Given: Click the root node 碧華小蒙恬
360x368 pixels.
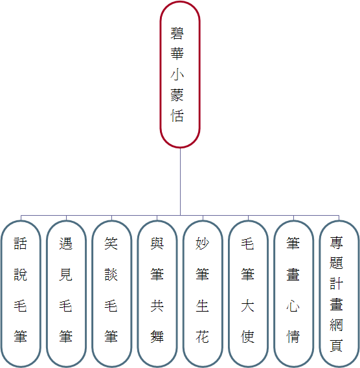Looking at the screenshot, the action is pos(180,75).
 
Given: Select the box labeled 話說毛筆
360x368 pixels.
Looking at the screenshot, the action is pos(21,294).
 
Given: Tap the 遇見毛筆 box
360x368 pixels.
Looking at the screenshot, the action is pos(66,294).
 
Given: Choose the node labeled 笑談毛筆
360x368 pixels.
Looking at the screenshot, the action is pos(111,294).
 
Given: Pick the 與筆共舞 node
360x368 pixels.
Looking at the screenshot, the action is pos(157,294).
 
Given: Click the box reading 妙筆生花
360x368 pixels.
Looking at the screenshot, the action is pos(203,294).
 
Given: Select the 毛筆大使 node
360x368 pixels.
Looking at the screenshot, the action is pos(248,294).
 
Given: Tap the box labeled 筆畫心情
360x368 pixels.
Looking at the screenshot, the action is pos(293,294).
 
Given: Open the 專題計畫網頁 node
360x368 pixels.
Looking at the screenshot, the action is pos(339,294).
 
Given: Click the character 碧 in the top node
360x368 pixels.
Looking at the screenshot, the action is pos(177,33).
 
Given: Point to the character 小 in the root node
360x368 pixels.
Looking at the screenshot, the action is pos(177,75).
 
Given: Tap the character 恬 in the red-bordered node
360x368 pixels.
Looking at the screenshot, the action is pos(177,115).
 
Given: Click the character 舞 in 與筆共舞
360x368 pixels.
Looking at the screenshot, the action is pos(157,336).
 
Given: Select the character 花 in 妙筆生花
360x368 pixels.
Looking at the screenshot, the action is pos(202,336).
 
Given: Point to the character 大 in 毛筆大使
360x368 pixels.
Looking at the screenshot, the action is pos(247,306).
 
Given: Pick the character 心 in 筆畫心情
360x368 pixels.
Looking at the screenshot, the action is pos(293,306).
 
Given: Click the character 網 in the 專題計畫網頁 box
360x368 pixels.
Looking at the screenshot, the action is pos(336,325).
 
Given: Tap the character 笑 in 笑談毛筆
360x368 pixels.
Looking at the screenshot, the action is pos(111,244).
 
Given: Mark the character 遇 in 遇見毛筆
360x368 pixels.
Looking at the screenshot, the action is pos(65,244).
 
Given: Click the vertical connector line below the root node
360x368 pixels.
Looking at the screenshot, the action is pos(180,181).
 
